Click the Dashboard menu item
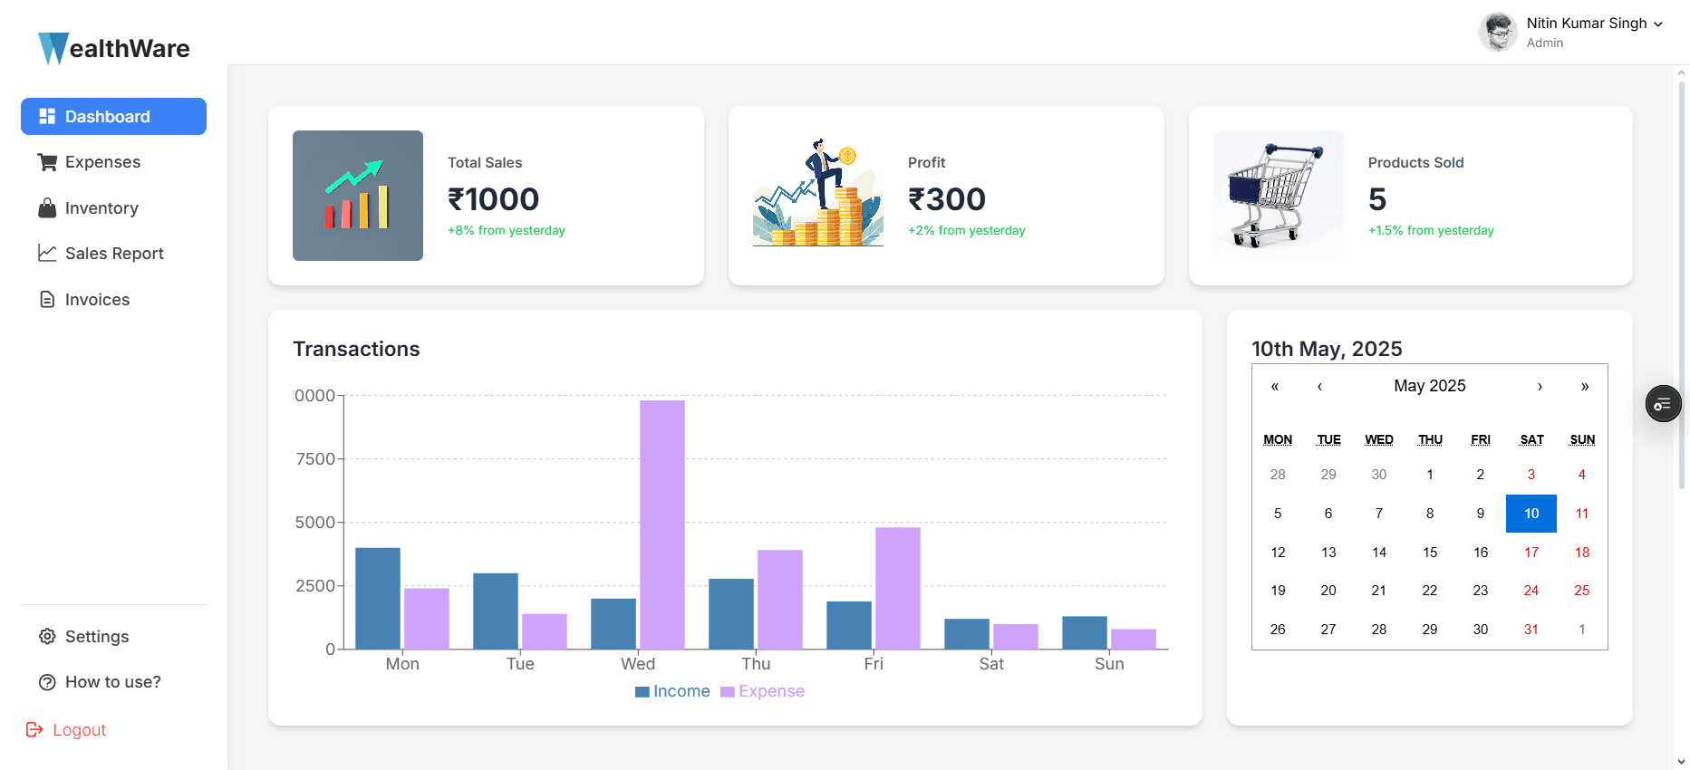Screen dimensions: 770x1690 (x=113, y=117)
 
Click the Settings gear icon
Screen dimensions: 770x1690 (x=47, y=637)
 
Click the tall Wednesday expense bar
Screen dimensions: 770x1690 (x=662, y=525)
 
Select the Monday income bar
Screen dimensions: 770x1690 (x=377, y=599)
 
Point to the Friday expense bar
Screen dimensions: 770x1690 (x=897, y=589)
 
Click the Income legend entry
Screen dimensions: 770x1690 (x=672, y=691)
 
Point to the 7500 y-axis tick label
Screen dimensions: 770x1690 (x=315, y=459)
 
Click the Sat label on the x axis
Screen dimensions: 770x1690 (x=991, y=664)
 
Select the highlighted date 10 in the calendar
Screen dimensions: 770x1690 (x=1531, y=514)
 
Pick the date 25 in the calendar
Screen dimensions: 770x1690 (x=1581, y=591)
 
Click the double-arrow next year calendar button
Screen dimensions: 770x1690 (x=1584, y=387)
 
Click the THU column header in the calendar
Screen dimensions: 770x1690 (x=1430, y=440)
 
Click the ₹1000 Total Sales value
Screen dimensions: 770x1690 (x=494, y=199)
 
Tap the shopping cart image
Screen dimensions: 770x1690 (x=1278, y=196)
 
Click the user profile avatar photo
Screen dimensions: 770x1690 (x=1499, y=33)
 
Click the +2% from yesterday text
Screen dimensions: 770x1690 (x=966, y=231)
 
